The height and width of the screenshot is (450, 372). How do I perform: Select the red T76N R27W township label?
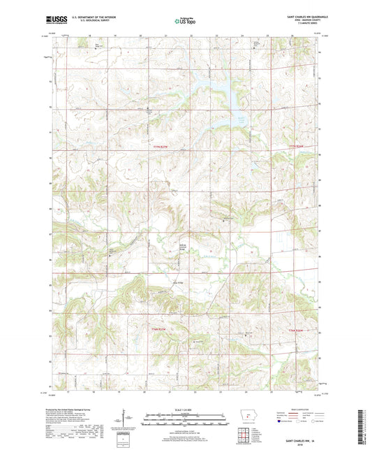(x=161, y=328)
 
